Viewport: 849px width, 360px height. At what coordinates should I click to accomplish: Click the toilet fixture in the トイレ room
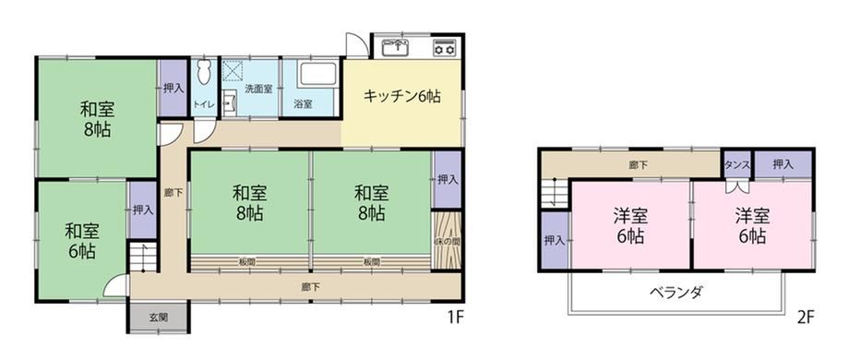coord(204,72)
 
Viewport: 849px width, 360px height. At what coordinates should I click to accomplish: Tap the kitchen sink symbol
coord(395,48)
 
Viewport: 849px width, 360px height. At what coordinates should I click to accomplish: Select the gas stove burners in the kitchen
coord(445,48)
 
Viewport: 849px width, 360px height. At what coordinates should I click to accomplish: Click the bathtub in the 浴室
coord(317,74)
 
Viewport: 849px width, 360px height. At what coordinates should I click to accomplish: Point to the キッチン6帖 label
coord(401,96)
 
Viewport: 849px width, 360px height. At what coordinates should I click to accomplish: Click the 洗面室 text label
coord(258,90)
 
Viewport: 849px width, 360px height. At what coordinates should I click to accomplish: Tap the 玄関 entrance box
coord(158,318)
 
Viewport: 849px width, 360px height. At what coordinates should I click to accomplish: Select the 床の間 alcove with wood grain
coord(448,239)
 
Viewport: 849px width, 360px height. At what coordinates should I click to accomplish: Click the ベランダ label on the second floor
coord(676,293)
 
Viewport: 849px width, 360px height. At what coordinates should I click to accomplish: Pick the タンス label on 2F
coord(737,165)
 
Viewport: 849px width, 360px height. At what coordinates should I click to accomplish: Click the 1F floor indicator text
coord(455,318)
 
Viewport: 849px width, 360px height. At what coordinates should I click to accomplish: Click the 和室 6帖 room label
coord(81,241)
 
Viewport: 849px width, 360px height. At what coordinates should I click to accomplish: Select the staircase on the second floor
coord(555,193)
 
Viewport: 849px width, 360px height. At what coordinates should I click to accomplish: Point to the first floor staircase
coord(143,257)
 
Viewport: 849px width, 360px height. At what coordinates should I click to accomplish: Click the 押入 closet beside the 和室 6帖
coord(142,210)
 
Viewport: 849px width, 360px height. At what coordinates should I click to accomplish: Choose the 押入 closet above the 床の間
coord(448,180)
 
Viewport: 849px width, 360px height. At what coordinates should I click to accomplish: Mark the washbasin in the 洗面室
coord(230,102)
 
